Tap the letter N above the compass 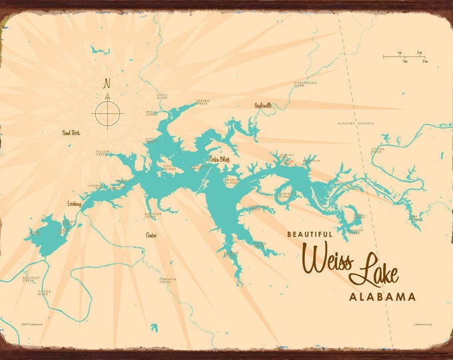[x=106, y=84]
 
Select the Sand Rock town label [x=71, y=132]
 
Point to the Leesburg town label [x=74, y=204]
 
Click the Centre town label [x=153, y=235]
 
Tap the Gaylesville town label [x=263, y=105]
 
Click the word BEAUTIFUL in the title [x=310, y=234]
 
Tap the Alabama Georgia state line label [x=356, y=123]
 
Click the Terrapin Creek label [x=167, y=281]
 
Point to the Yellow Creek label [x=103, y=153]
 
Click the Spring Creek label [x=203, y=103]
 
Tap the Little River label [x=163, y=97]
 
